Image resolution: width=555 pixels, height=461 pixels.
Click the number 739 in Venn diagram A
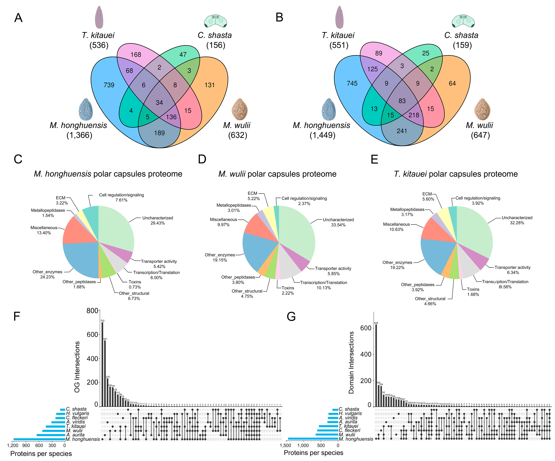coord(109,85)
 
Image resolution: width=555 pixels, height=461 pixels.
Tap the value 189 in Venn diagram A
coord(159,133)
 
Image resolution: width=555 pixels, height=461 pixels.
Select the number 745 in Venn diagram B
coord(352,84)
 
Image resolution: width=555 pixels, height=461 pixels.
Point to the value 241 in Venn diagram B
coord(402,131)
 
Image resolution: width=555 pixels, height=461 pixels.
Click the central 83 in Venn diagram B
coord(402,101)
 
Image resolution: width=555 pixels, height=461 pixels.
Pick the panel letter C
coord(18,159)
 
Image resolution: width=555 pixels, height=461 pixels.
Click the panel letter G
coord(291,316)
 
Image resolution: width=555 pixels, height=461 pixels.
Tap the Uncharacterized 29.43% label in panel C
coord(157,221)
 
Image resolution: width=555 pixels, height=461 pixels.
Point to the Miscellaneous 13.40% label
coord(44,230)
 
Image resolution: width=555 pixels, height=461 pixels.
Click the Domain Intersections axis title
coord(351,362)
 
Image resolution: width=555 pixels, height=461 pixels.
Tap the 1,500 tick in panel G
coord(285,445)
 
